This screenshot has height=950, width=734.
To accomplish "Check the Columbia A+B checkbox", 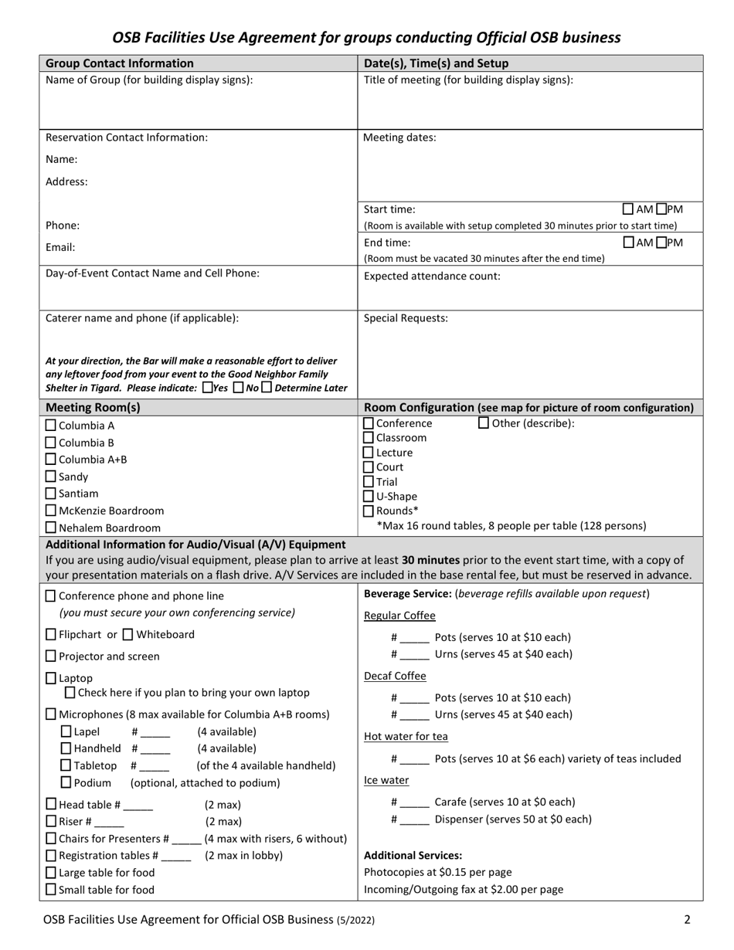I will [51, 460].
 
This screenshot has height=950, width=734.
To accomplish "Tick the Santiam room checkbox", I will [51, 494].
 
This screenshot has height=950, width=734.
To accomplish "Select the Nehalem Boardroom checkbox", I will [51, 528].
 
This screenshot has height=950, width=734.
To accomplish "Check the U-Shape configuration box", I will [369, 497].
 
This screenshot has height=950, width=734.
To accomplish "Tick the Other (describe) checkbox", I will [484, 423].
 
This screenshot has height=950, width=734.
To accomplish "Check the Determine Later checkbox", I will [267, 388].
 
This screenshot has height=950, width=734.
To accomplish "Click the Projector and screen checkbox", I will [51, 657].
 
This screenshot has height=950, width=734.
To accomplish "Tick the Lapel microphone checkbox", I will [66, 731].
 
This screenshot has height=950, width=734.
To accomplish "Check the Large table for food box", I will [51, 873].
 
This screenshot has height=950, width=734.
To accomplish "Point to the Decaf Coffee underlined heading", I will [395, 676].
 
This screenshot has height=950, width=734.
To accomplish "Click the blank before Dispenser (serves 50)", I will [414, 819].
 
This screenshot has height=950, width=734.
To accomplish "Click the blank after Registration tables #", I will [176, 856].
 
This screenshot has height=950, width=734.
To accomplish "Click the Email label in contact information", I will [60, 248].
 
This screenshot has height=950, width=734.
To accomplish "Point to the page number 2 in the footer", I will [687, 919].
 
